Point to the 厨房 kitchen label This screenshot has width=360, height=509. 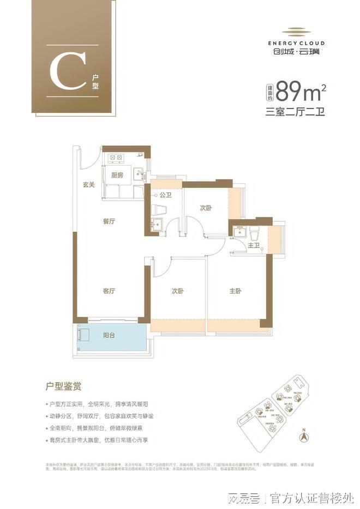(x=117, y=175)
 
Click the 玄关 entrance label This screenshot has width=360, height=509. (x=89, y=185)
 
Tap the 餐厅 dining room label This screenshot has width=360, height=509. (x=109, y=222)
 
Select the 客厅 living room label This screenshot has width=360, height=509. (x=109, y=291)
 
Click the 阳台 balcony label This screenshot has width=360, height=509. (x=109, y=336)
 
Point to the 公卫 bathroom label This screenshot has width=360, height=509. (x=166, y=194)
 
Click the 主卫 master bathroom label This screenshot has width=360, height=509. (x=254, y=246)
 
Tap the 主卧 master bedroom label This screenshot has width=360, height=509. (x=236, y=291)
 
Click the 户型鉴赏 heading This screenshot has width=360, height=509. (x=64, y=387)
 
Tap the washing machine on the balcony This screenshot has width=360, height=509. (x=83, y=334)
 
